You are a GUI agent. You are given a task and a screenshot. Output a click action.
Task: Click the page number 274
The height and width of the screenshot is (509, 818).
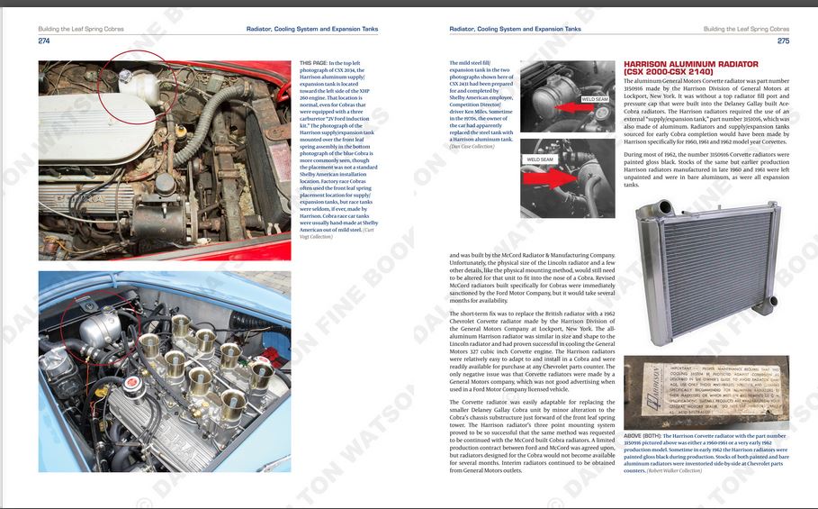[x=44, y=41]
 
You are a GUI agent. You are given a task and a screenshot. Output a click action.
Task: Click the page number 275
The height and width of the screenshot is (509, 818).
[x=783, y=41]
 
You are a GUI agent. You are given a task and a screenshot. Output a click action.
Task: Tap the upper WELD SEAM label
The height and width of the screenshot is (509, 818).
[x=594, y=99]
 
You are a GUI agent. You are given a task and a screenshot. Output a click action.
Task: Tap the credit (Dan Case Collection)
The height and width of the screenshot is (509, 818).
[x=472, y=147]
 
